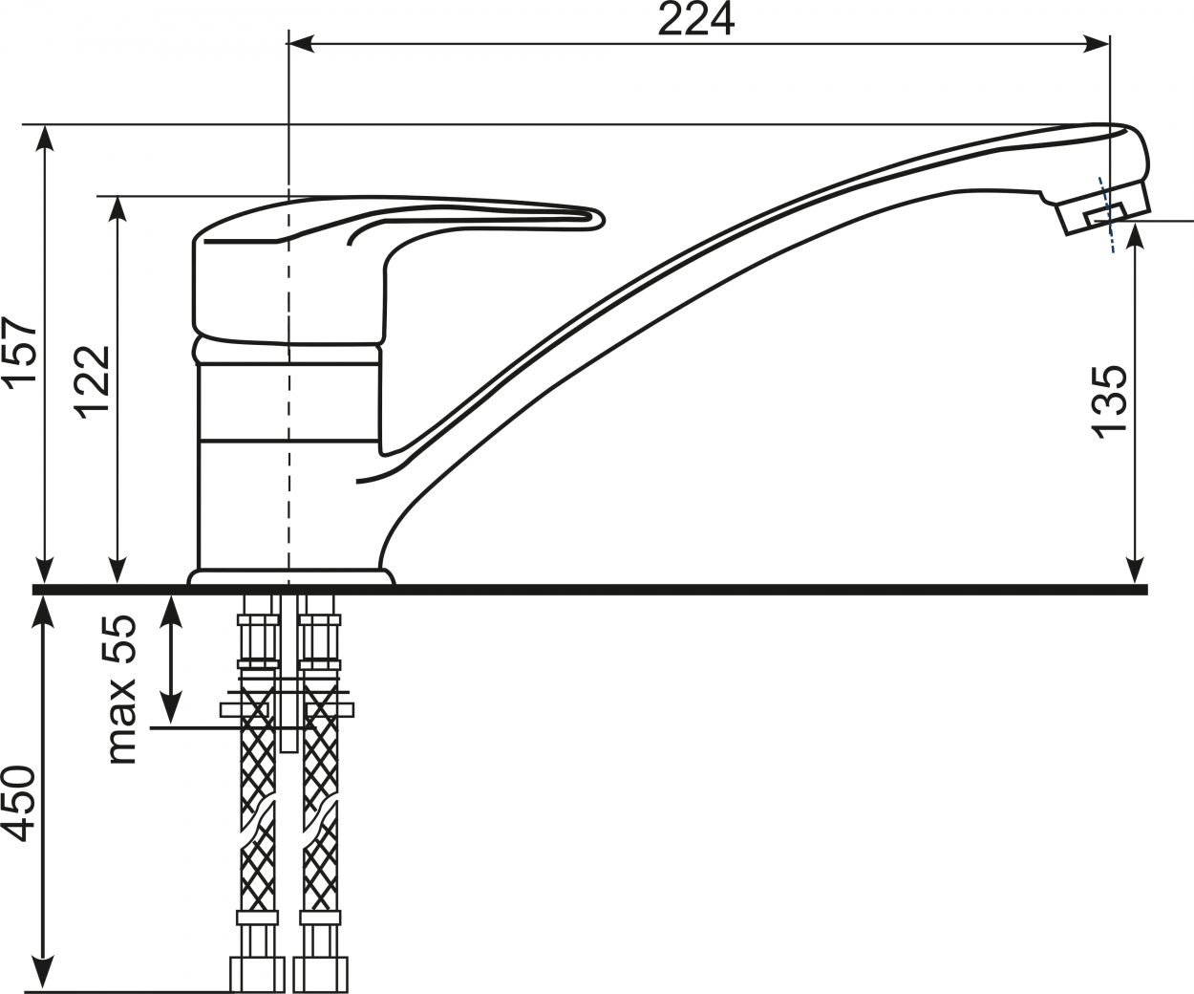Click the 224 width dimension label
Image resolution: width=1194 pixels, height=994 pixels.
click(x=696, y=19)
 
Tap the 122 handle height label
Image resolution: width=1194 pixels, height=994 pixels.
click(x=92, y=383)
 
